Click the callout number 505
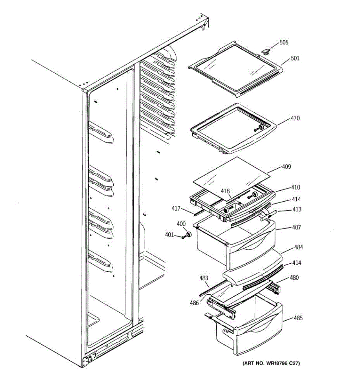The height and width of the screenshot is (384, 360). coord(284,42)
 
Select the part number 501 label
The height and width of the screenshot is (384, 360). coord(295,58)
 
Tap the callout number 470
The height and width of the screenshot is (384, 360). coord(295,118)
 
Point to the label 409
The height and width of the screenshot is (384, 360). coord(286,167)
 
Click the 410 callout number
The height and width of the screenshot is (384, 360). coord(295,187)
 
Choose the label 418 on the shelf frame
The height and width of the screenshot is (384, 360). coord(225,191)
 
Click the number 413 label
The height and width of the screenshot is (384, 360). coord(296,209)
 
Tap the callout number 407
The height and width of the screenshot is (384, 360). coord(296,228)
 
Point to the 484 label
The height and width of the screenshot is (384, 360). coord(299,247)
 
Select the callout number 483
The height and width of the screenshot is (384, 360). coord(204,278)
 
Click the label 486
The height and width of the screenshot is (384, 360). coord(194,303)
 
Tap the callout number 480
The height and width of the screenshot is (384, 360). coord(294,277)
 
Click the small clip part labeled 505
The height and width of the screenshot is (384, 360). coord(266,51)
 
